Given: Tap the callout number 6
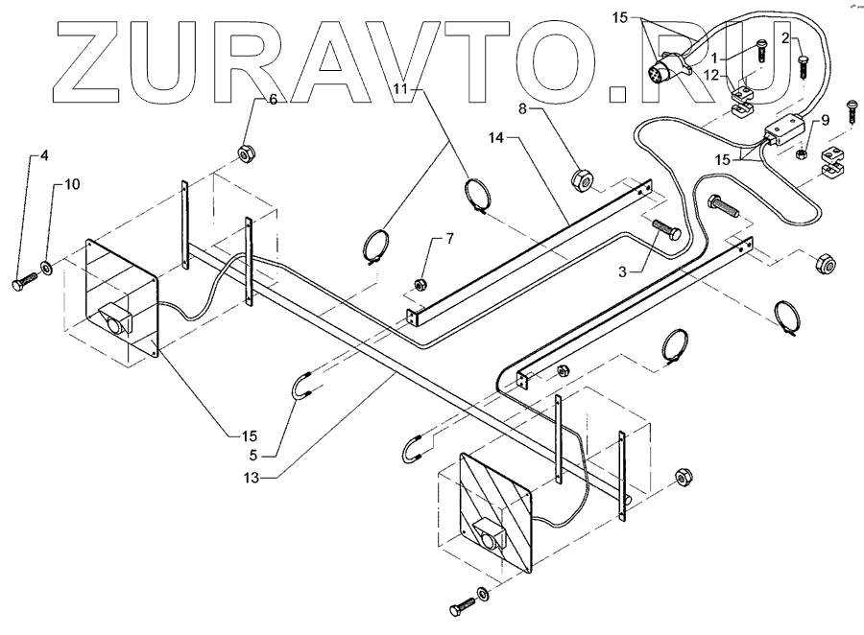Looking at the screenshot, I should [x=273, y=99].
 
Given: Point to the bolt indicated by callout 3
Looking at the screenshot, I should [x=661, y=232].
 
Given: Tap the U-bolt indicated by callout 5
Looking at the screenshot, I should [x=303, y=390].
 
